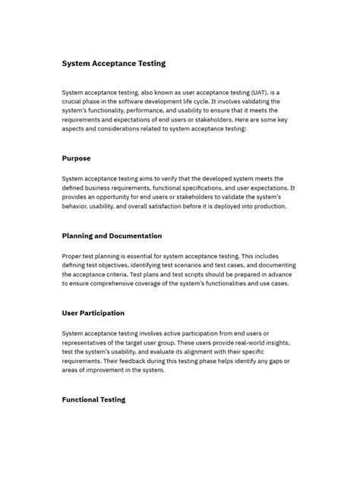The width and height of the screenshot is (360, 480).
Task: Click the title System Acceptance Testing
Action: point(113,63)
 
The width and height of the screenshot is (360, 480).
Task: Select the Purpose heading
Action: point(76,159)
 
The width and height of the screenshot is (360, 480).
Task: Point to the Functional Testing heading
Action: point(93,399)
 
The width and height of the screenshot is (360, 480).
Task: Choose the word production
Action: point(265,206)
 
